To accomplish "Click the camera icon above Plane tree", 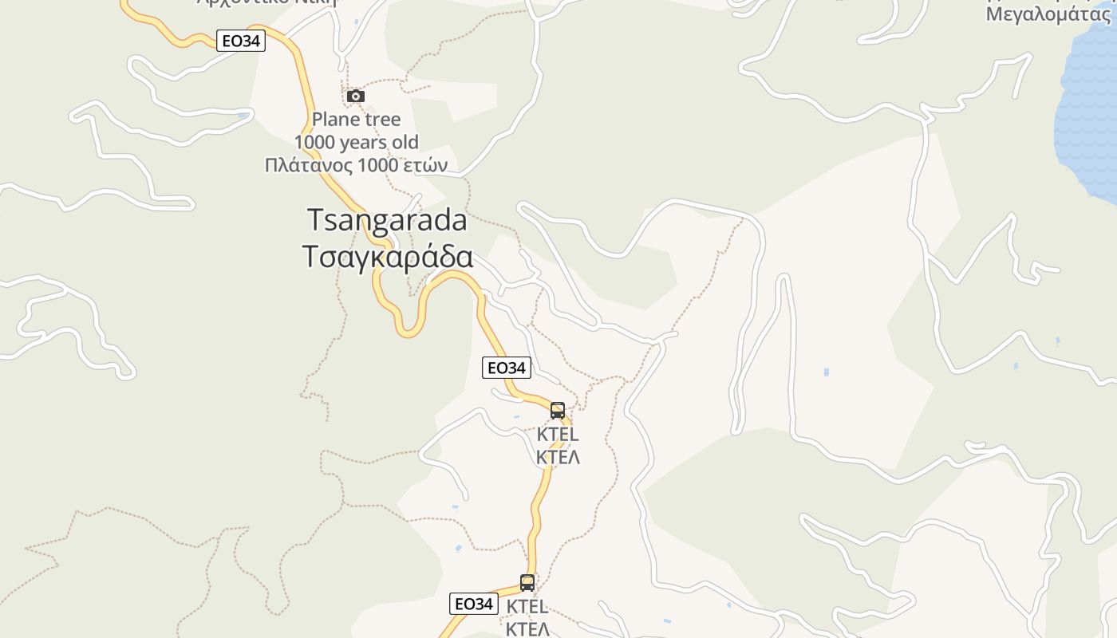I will [x=356, y=96].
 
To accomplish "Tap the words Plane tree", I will [x=356, y=120].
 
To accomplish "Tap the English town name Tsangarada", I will [x=387, y=220].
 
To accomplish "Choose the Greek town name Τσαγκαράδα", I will [x=387, y=257].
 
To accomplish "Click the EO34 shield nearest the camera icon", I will [x=241, y=41].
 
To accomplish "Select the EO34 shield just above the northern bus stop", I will [x=507, y=368].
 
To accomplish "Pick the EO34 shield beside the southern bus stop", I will [x=474, y=604].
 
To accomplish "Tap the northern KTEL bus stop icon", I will [x=558, y=411].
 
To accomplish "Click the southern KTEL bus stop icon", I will [x=527, y=583].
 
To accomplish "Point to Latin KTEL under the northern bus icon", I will [x=558, y=435].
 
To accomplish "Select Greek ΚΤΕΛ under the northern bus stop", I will [x=558, y=458].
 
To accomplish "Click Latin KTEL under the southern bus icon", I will [x=527, y=607].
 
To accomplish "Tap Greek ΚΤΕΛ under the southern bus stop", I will [x=527, y=628].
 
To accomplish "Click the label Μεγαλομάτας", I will [x=1048, y=14].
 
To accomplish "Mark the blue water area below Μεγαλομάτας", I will [x=1089, y=120].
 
